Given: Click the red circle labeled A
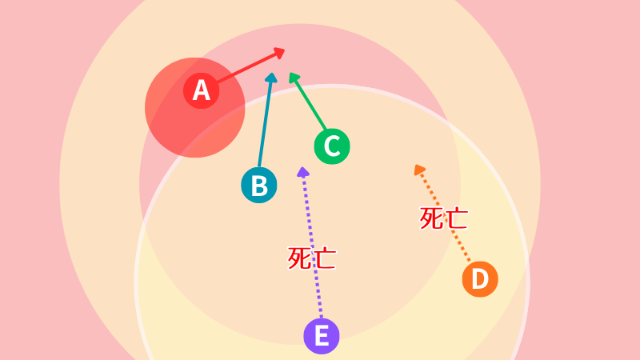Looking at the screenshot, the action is [x=202, y=90].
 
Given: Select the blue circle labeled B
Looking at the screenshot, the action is [x=259, y=185].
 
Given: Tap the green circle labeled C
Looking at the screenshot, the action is [x=332, y=146].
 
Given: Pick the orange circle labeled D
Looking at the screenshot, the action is [x=480, y=279].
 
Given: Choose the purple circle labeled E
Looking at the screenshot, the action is [x=322, y=336].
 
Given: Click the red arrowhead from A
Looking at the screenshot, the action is [x=279, y=53].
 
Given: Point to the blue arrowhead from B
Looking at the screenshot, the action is [x=271, y=78].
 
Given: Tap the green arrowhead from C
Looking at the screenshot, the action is [x=294, y=78].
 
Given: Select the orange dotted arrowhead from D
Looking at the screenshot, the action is [x=419, y=170].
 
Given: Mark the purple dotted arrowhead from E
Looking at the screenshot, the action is [x=303, y=172].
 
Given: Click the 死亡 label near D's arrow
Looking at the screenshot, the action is [x=444, y=218].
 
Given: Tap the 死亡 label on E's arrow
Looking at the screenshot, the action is [x=312, y=258].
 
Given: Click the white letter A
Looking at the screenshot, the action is [x=202, y=90].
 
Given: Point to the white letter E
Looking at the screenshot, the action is [x=322, y=336].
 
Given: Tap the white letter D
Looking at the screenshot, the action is [x=480, y=279].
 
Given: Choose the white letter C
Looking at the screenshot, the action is [x=332, y=146].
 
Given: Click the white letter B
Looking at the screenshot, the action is [x=259, y=186].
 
